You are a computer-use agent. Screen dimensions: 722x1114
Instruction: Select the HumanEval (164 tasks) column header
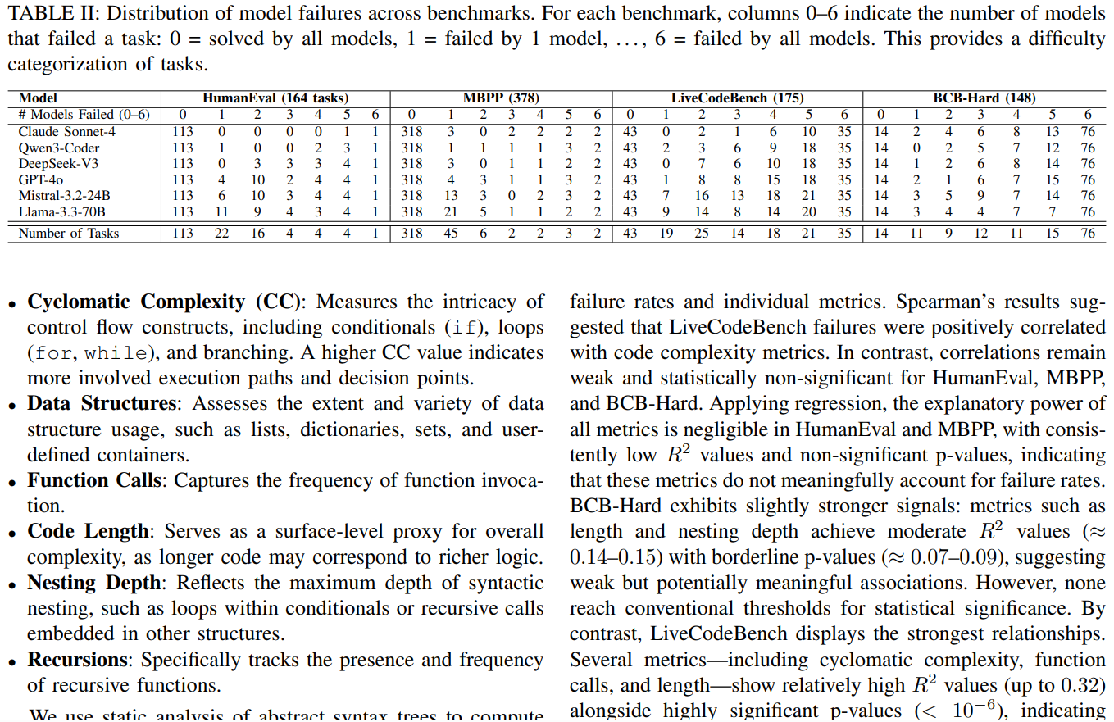pos(275,98)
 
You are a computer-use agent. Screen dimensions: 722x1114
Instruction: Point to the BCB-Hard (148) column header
pos(984,98)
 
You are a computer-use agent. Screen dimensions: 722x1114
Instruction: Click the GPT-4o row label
pos(41,179)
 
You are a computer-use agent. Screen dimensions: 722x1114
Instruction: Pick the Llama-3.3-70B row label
pos(61,211)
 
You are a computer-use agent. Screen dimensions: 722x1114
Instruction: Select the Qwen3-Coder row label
pos(59,148)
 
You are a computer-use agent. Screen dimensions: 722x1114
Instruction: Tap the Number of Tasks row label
pos(68,233)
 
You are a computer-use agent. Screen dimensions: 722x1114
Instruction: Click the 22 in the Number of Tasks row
pos(221,233)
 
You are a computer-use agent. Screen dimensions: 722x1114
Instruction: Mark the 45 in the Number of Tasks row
pos(450,233)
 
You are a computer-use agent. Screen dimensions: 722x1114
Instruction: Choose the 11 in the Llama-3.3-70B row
pos(221,211)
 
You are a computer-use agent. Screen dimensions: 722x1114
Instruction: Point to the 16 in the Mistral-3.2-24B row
pos(702,195)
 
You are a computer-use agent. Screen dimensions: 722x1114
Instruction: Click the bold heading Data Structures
pos(102,403)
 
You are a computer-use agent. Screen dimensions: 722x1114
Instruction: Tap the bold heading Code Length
pos(88,531)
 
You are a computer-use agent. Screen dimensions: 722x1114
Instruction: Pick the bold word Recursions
pos(80,660)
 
